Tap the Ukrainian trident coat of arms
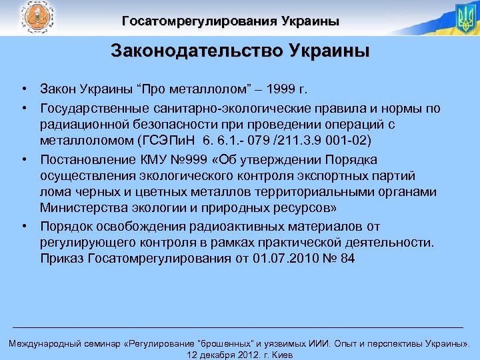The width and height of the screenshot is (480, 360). pos(465,19)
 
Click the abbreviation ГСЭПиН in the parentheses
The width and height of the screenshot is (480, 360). pos(167,141)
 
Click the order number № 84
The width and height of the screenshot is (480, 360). pos(339,258)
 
